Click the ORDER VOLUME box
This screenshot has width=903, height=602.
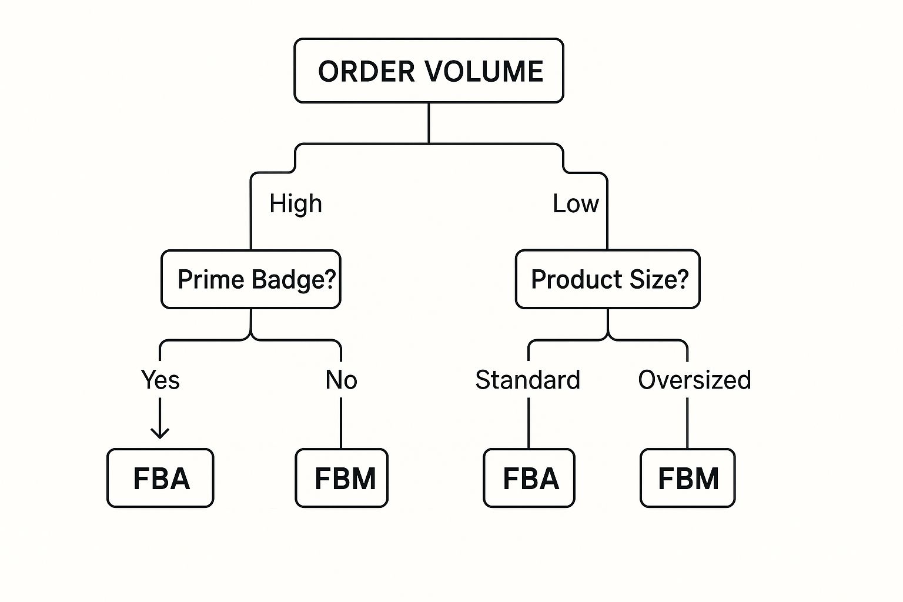tap(429, 71)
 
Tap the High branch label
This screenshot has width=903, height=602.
tap(296, 204)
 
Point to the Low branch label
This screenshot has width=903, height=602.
tap(576, 204)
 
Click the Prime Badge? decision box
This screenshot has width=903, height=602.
tap(251, 279)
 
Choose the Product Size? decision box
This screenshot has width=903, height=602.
tap(607, 279)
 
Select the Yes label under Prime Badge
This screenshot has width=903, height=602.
tap(160, 380)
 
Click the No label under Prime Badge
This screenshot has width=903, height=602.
tap(341, 380)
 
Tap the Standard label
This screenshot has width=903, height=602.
tap(527, 380)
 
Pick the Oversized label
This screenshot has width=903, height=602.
tap(694, 380)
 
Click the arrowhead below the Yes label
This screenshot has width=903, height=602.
tap(160, 434)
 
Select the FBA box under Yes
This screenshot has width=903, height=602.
tap(160, 478)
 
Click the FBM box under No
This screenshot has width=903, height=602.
tap(342, 478)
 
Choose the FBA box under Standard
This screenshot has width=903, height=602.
tap(529, 478)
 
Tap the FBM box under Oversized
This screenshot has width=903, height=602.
tap(687, 478)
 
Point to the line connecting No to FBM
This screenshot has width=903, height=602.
tap(341, 423)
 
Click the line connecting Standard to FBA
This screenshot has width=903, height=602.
tap(529, 423)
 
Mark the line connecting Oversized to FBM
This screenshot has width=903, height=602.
tap(687, 423)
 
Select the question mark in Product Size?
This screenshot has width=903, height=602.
tap(682, 279)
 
